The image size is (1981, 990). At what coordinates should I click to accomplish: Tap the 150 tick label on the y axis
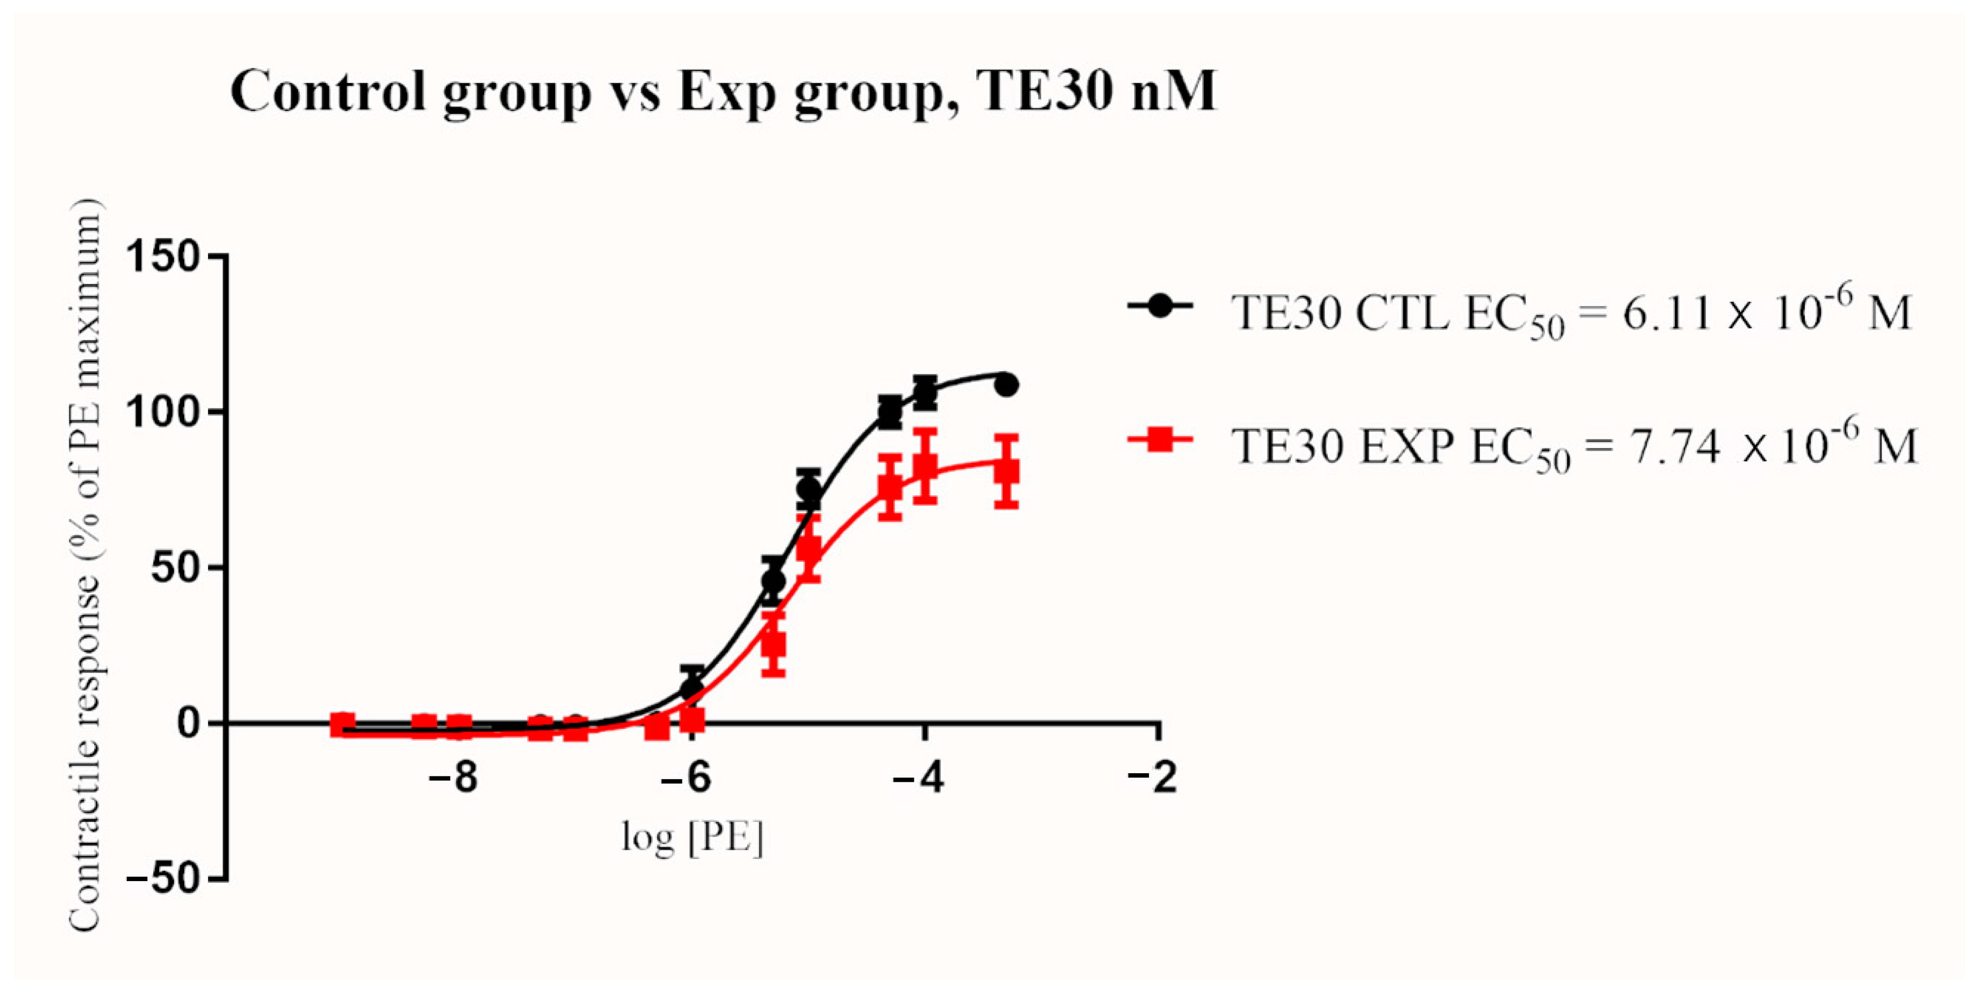163,256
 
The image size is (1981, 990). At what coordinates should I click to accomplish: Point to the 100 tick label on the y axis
163,412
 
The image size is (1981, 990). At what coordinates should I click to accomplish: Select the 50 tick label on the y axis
176,568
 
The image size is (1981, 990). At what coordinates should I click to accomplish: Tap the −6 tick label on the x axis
687,779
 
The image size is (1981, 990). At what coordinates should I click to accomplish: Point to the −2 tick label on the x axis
1153,779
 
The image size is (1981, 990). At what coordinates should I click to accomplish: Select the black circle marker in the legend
1160,306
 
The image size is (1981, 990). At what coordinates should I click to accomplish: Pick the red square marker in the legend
1160,440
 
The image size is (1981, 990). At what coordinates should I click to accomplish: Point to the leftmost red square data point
342,724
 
